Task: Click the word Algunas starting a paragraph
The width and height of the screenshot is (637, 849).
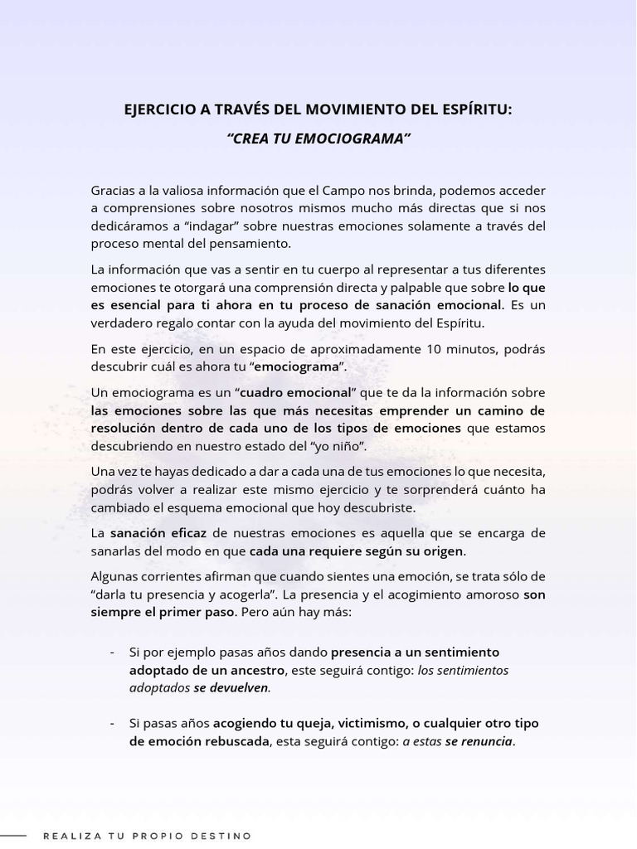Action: (115, 576)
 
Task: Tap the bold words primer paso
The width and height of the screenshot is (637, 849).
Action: (197, 612)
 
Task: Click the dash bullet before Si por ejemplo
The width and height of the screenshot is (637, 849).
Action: (112, 653)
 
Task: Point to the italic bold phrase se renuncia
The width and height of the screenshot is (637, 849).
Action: (479, 741)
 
